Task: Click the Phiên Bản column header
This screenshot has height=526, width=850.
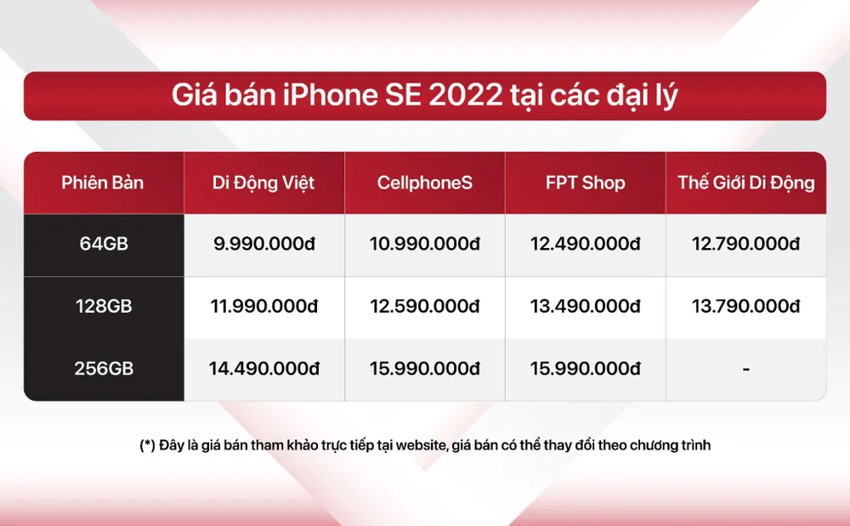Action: [103, 183]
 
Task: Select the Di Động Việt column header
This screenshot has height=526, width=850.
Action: [263, 183]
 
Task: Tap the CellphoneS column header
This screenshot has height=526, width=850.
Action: [424, 183]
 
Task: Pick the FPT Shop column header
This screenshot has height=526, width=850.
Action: [586, 183]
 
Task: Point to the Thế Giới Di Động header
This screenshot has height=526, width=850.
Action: [745, 183]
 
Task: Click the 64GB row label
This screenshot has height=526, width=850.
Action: [103, 245]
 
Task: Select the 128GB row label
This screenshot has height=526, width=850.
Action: [103, 307]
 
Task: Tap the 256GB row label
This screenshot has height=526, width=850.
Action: [103, 370]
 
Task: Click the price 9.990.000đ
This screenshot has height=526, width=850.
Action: [263, 245]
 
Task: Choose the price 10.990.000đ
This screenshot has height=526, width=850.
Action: [424, 245]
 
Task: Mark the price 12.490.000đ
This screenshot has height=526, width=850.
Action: [586, 245]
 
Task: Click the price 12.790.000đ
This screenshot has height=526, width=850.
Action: [745, 245]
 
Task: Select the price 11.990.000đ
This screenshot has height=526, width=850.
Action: [263, 307]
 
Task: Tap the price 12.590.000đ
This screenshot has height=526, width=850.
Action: [424, 307]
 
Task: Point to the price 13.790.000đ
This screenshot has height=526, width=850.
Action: [745, 307]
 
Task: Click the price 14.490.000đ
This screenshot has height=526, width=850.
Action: [263, 370]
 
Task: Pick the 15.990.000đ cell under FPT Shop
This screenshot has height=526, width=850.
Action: [586, 370]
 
